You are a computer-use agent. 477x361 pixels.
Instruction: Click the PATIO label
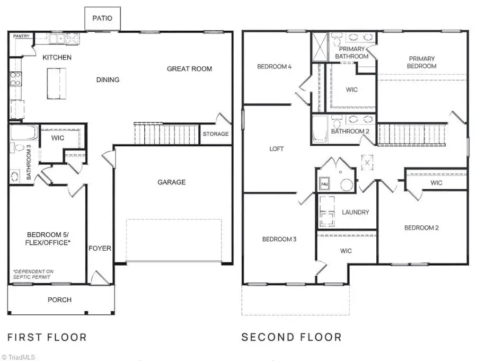tap(102, 18)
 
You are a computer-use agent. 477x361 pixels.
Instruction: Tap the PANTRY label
tap(21, 36)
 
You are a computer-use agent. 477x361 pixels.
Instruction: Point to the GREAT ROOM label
tap(189, 69)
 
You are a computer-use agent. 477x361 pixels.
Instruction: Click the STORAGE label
tap(216, 134)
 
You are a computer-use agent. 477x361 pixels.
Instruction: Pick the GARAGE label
tap(172, 182)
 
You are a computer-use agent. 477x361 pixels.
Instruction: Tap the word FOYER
tap(100, 249)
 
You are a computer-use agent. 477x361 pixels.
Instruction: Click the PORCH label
tap(59, 300)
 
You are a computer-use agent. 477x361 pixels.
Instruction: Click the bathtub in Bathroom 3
tap(24, 132)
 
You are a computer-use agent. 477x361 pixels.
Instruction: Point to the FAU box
tap(324, 184)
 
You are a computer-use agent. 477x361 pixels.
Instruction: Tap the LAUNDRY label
tap(355, 212)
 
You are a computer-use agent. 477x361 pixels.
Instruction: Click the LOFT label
tap(277, 149)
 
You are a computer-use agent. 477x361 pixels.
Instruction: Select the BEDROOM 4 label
tap(274, 66)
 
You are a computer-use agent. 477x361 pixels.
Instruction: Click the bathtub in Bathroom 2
tap(320, 129)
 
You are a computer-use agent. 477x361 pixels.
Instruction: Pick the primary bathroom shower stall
tap(320, 47)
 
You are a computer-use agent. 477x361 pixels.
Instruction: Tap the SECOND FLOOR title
tap(291, 337)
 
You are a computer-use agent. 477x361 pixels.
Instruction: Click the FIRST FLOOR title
tap(47, 337)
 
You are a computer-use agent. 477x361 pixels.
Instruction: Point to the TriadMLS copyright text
tap(18, 357)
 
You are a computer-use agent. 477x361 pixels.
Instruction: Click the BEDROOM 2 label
tap(421, 228)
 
